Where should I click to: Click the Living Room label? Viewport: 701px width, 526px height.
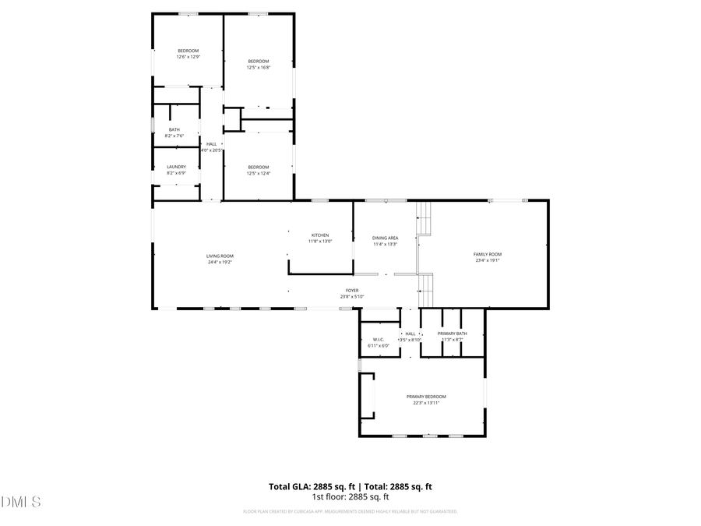pyautogui.click(x=220, y=256)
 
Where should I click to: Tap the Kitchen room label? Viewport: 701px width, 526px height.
pyautogui.click(x=320, y=235)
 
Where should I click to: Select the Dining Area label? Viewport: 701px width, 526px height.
pyautogui.click(x=385, y=238)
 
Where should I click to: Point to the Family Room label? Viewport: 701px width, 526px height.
pyautogui.click(x=488, y=254)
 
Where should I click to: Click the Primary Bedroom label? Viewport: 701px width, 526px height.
pyautogui.click(x=426, y=397)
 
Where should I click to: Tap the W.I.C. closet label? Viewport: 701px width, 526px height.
pyautogui.click(x=379, y=339)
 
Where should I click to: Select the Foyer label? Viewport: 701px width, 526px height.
pyautogui.click(x=352, y=291)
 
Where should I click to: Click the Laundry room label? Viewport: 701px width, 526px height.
pyautogui.click(x=176, y=166)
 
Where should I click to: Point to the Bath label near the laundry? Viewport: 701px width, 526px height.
pyautogui.click(x=174, y=129)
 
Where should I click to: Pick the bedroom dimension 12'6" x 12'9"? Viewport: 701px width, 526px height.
pyautogui.click(x=188, y=57)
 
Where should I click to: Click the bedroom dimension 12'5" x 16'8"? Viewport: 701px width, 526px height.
pyautogui.click(x=259, y=68)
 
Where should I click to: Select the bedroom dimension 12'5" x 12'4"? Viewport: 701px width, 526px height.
pyautogui.click(x=259, y=173)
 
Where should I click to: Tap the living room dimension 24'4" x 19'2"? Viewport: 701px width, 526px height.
pyautogui.click(x=220, y=263)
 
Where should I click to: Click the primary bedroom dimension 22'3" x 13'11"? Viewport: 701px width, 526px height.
pyautogui.click(x=426, y=403)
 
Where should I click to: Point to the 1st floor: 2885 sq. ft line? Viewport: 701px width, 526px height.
pyautogui.click(x=350, y=496)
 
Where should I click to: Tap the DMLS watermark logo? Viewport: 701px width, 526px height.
pyautogui.click(x=21, y=501)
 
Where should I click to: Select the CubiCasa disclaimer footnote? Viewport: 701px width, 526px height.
pyautogui.click(x=350, y=512)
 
